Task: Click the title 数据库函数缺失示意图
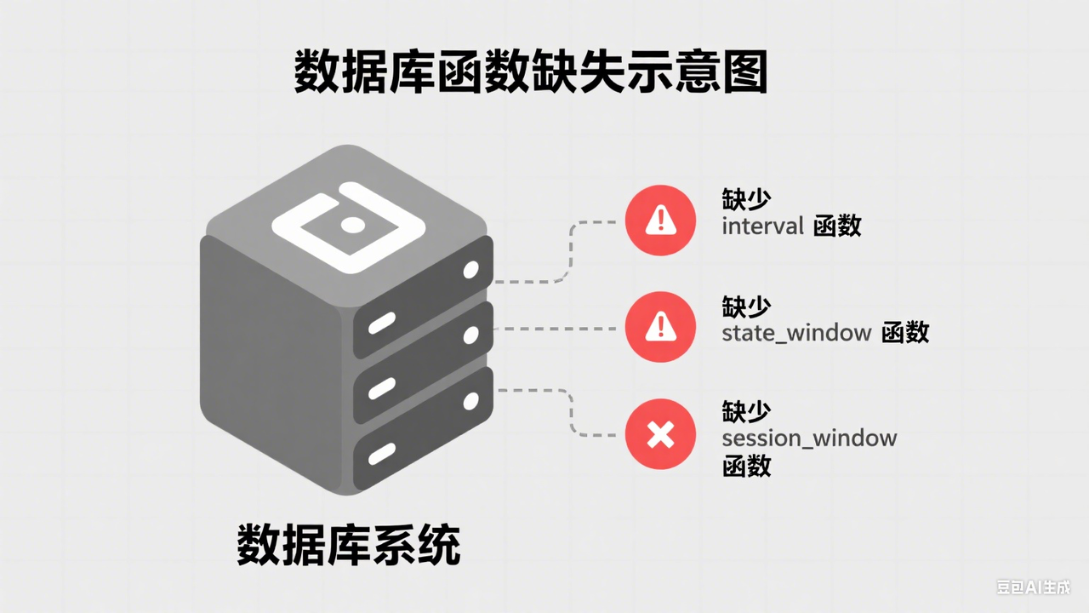coord(531,71)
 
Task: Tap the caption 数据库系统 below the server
coord(348,544)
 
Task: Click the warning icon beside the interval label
coord(660,221)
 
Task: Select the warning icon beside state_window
coord(660,327)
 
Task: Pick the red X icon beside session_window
coord(660,434)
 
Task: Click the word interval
coord(762,226)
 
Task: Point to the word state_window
coord(796,334)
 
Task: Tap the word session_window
coord(809,438)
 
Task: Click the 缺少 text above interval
coord(746,198)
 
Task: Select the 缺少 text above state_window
coord(746,306)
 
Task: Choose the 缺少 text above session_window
coord(746,411)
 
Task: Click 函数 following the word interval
coord(837,226)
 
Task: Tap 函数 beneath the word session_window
coord(746,466)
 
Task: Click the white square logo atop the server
coord(349,227)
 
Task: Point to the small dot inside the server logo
coord(352,226)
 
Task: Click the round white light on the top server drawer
coord(470,270)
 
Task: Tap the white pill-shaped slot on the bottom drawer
coord(382,454)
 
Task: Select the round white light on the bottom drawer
coord(470,401)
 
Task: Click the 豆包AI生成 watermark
coord(1034,587)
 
